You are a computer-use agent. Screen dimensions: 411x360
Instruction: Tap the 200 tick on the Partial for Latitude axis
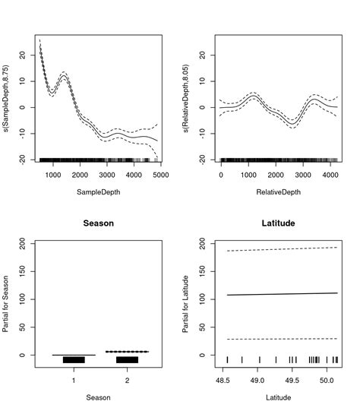204,244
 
